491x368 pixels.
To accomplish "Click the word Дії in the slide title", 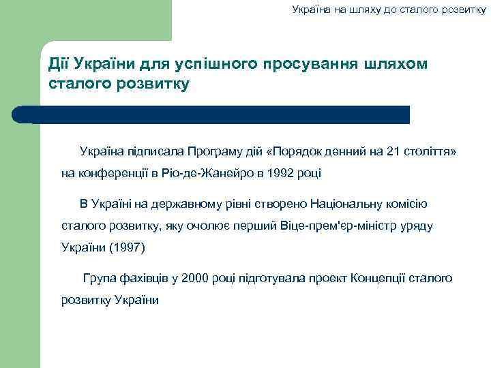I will coord(59,64).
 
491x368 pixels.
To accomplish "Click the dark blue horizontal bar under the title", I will coord(218,114).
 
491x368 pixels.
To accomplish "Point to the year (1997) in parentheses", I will coord(128,247).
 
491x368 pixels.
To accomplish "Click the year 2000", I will coord(194,278).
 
